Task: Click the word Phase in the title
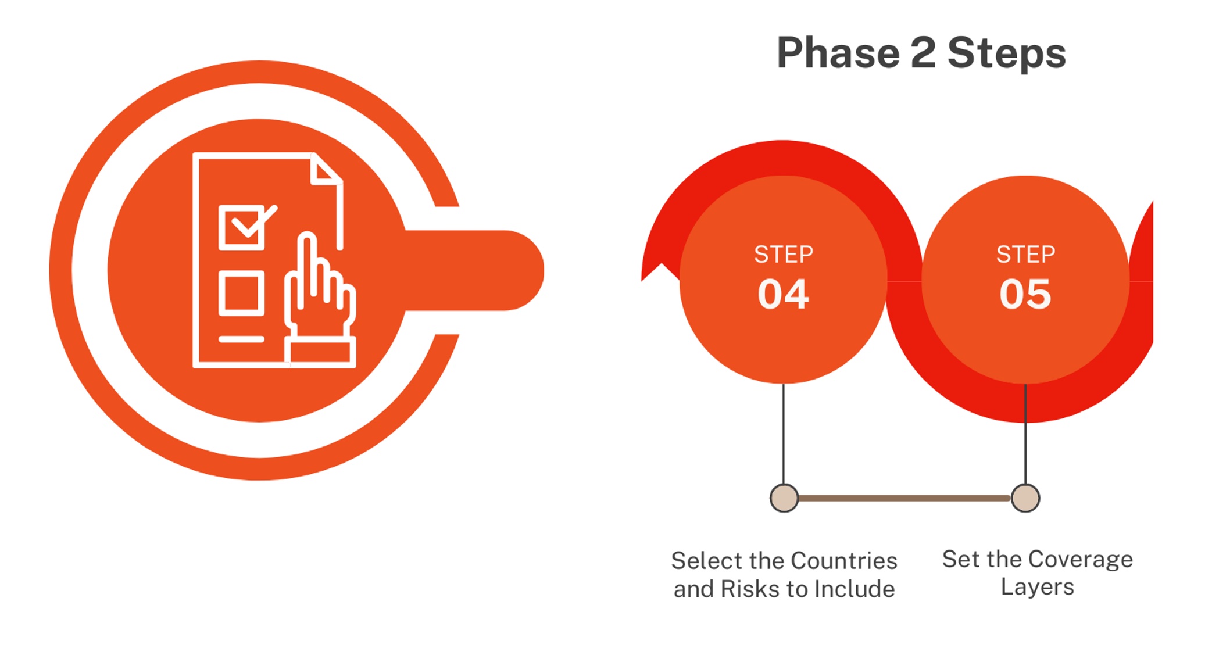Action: click(x=838, y=53)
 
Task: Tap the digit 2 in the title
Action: click(x=923, y=52)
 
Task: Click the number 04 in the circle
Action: click(x=783, y=294)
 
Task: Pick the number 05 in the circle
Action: click(x=1025, y=294)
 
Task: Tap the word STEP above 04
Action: click(x=784, y=255)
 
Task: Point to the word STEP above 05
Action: click(x=1025, y=255)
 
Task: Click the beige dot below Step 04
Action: click(x=784, y=498)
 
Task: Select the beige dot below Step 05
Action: click(x=1025, y=498)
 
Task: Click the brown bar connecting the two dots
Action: click(x=904, y=498)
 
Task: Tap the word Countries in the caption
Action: click(x=844, y=561)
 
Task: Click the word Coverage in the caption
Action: click(x=1080, y=560)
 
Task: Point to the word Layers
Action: click(x=1037, y=588)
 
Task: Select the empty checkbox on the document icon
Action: click(x=241, y=293)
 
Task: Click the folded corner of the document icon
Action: click(x=326, y=169)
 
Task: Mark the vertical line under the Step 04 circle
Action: click(x=784, y=434)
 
